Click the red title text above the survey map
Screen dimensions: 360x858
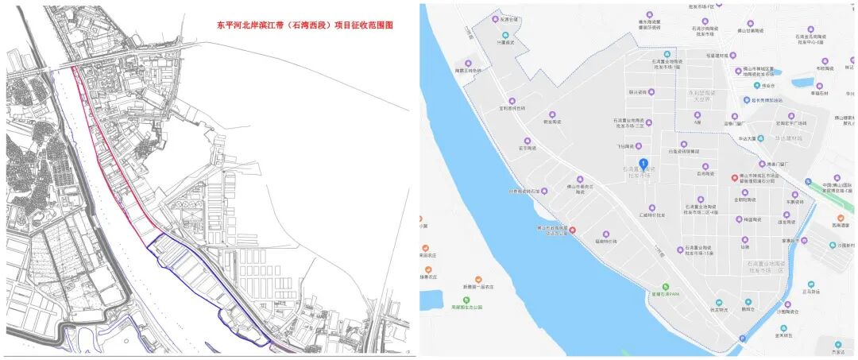point(305,25)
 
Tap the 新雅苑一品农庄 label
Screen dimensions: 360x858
point(478,286)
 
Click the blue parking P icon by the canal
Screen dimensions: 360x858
point(743,339)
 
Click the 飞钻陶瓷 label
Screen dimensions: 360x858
point(627,146)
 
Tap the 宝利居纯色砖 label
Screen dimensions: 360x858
point(512,108)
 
